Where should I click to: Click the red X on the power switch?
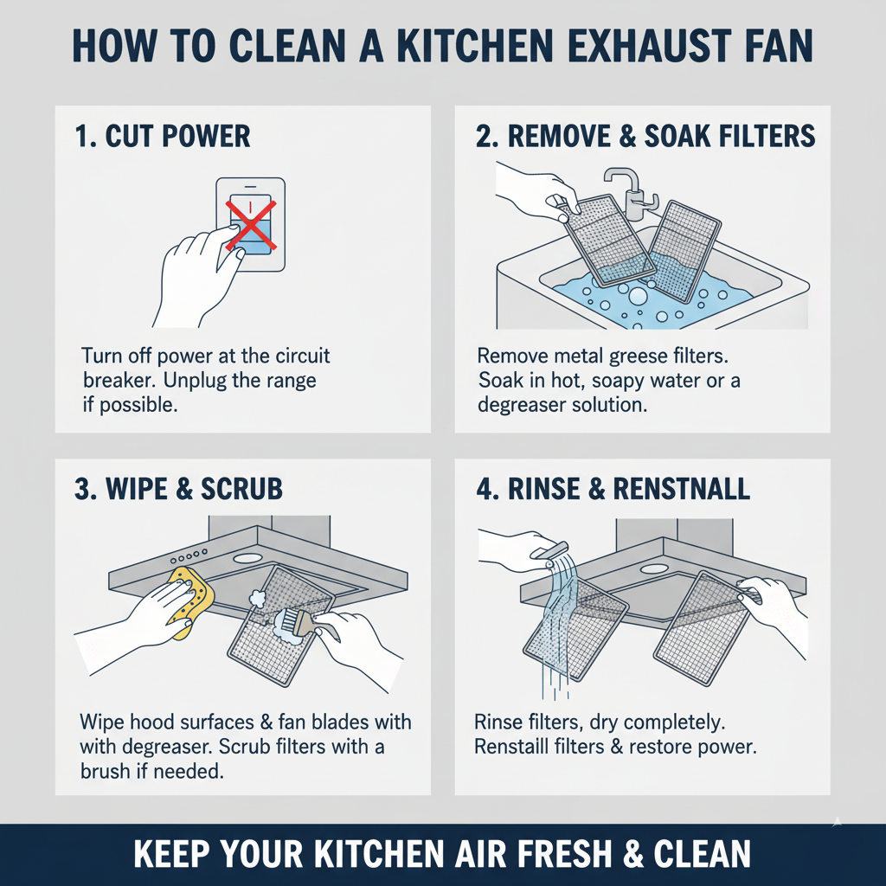pos(251,224)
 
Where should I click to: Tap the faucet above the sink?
pos(631,192)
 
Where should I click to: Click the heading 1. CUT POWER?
pos(163,136)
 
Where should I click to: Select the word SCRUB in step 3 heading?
pos(241,489)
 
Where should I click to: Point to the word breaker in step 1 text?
pos(119,381)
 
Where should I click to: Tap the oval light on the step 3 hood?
pos(247,558)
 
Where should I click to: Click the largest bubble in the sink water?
pos(638,296)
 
